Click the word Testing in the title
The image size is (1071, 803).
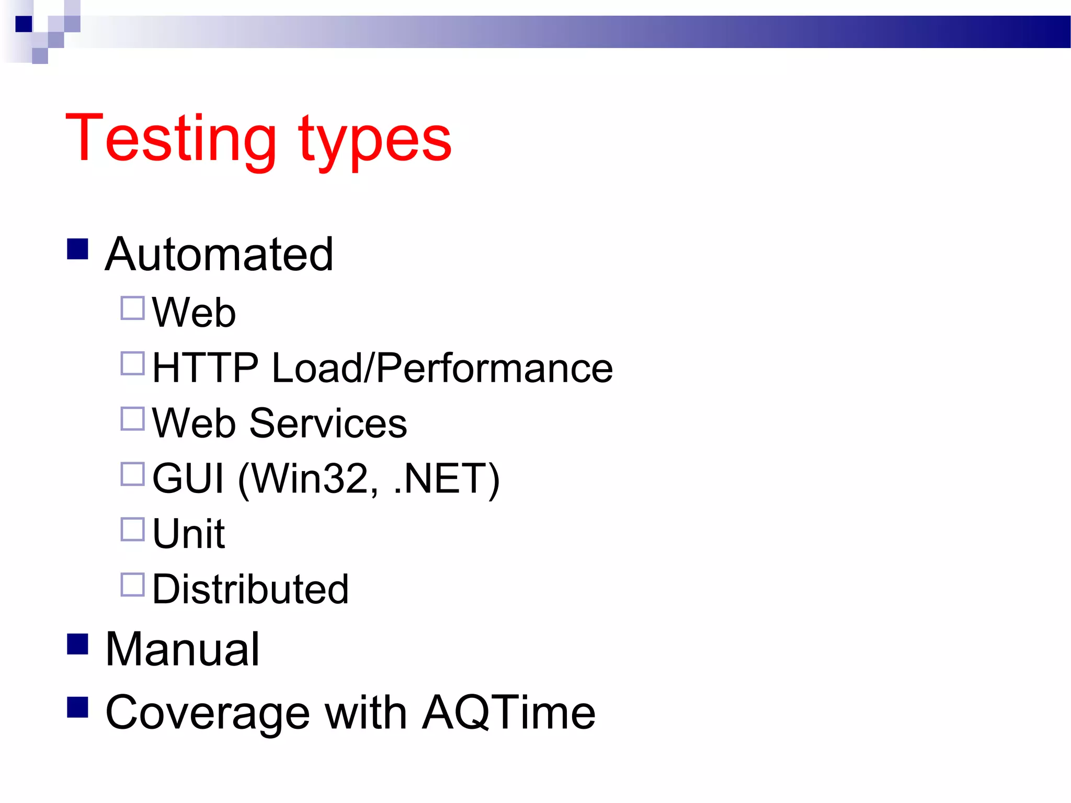(170, 139)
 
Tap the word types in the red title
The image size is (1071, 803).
(374, 141)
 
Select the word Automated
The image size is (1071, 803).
(219, 255)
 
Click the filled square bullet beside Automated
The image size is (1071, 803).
(77, 249)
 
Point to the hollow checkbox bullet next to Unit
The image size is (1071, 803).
(132, 530)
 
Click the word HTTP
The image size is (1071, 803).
(205, 368)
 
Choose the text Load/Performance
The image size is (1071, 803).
(442, 368)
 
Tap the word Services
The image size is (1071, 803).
(328, 423)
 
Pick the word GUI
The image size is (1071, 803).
(188, 478)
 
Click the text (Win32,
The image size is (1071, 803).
(309, 479)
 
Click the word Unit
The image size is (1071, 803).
(188, 534)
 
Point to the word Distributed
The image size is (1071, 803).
(250, 589)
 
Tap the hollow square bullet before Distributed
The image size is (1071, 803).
(132, 585)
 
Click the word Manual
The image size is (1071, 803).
(183, 649)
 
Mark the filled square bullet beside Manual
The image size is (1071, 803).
(77, 644)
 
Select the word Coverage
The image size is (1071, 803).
(208, 714)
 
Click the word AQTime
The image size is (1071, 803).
(509, 713)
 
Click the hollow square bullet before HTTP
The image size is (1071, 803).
(132, 363)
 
